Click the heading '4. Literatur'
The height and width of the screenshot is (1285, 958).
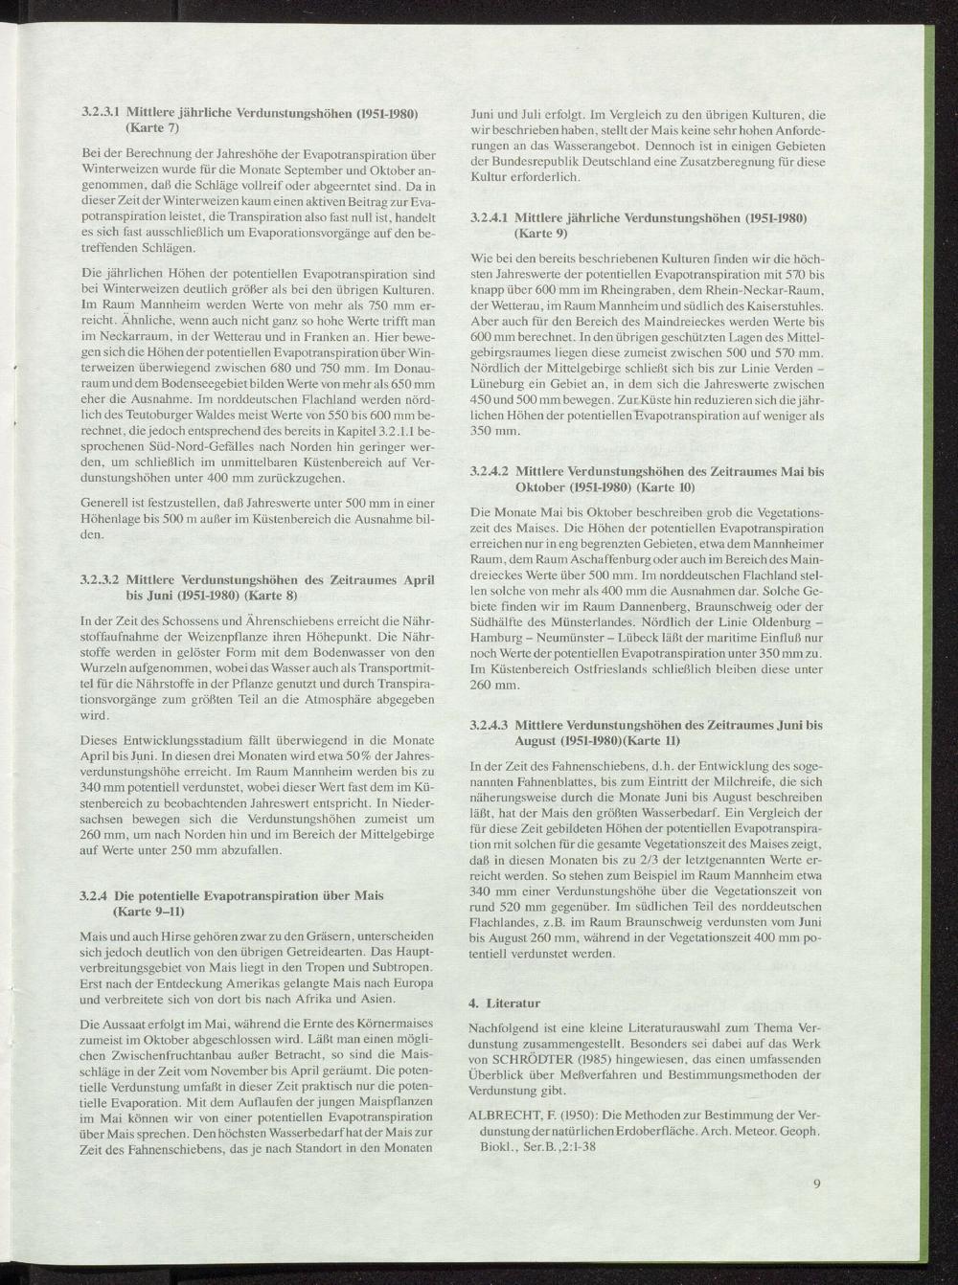tap(503, 1003)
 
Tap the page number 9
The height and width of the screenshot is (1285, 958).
tap(816, 1184)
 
